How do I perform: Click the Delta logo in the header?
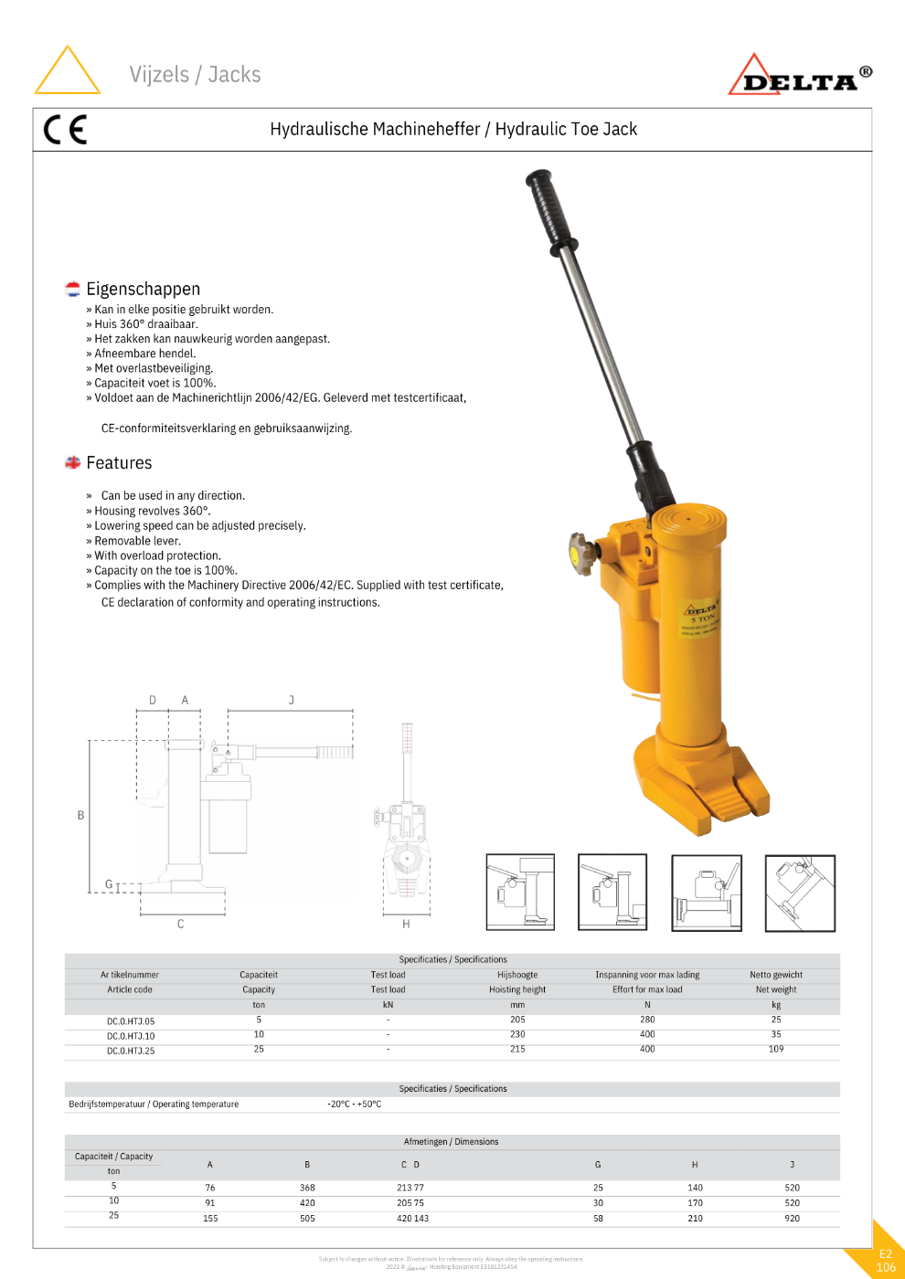click(800, 77)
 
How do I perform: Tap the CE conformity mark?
click(65, 130)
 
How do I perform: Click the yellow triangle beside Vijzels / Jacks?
click(67, 71)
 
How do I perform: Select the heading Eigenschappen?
click(143, 289)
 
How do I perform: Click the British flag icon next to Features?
click(73, 463)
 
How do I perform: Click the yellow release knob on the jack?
click(580, 551)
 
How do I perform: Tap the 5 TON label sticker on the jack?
click(701, 617)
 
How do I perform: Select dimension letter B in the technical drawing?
click(80, 815)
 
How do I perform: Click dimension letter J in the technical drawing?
click(292, 700)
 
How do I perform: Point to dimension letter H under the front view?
click(406, 924)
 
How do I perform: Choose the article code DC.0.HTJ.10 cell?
click(131, 1036)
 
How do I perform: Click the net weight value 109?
click(775, 1049)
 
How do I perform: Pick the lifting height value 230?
click(517, 1034)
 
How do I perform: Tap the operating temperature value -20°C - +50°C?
click(355, 1104)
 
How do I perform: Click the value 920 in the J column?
click(792, 1218)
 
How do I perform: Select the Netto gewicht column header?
click(775, 975)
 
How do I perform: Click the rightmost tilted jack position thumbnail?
click(800, 893)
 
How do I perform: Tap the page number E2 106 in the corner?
click(885, 1261)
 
